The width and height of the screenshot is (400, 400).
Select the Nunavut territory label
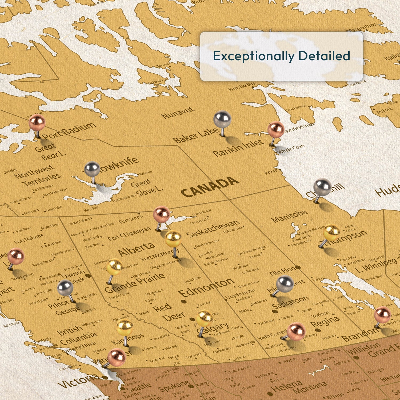tap(178, 113)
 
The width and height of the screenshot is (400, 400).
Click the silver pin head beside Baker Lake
tap(222, 119)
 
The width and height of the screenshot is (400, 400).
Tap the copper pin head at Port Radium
tap(37, 122)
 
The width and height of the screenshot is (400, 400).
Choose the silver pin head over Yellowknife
tap(92, 169)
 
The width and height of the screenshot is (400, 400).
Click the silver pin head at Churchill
tap(322, 187)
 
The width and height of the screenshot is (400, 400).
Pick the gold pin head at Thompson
tap(331, 232)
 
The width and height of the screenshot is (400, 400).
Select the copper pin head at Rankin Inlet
tap(276, 130)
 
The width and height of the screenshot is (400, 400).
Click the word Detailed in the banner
tap(324, 56)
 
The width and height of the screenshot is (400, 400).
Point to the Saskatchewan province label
tap(213, 229)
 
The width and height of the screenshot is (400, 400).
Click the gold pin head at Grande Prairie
tap(114, 267)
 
